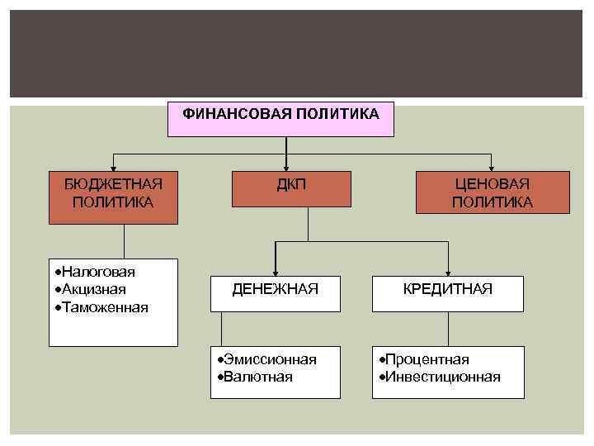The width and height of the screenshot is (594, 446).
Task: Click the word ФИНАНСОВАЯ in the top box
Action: [237, 113]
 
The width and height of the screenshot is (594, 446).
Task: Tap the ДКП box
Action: [291, 188]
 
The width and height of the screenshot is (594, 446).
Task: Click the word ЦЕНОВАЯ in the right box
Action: [493, 183]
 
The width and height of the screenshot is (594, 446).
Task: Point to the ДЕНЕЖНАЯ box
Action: [275, 288]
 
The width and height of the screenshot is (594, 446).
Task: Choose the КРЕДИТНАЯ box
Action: [448, 288]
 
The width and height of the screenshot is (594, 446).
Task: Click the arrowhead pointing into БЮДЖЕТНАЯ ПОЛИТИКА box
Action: [113, 167]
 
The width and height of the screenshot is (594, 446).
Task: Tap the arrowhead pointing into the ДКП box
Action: [286, 167]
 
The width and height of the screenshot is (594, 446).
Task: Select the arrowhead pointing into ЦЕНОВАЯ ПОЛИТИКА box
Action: [492, 167]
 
